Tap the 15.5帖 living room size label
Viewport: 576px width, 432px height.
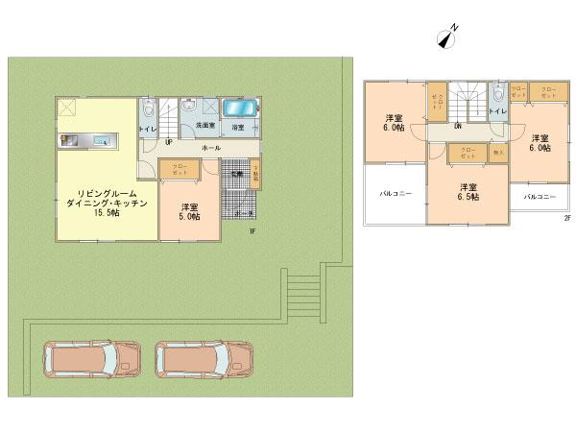[98, 214]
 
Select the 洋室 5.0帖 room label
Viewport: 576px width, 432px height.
[189, 211]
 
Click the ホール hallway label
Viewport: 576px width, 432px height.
[211, 148]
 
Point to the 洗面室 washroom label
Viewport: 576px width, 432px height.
[204, 126]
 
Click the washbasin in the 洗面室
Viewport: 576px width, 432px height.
[189, 107]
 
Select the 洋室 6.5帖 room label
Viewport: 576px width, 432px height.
[468, 191]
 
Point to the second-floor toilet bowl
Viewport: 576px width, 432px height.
[498, 93]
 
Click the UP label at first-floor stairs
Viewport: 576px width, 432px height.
[169, 141]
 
